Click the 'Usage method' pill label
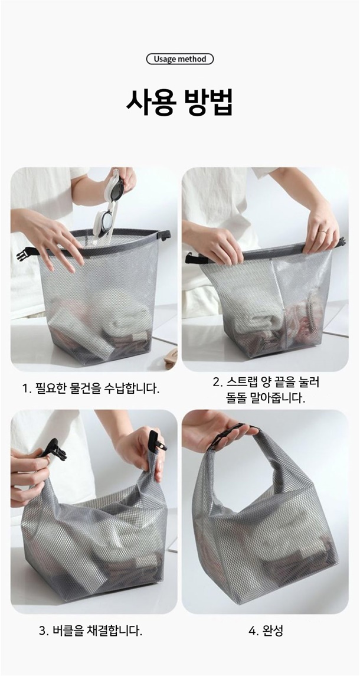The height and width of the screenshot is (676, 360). (180, 59)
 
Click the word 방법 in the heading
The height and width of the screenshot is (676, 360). (209, 103)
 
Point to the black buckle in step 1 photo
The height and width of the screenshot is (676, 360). (26, 254)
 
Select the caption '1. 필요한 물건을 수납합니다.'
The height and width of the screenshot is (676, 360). (91, 388)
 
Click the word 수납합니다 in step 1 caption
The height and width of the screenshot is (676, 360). (132, 388)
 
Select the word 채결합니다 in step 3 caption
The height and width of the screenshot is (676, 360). (117, 632)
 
